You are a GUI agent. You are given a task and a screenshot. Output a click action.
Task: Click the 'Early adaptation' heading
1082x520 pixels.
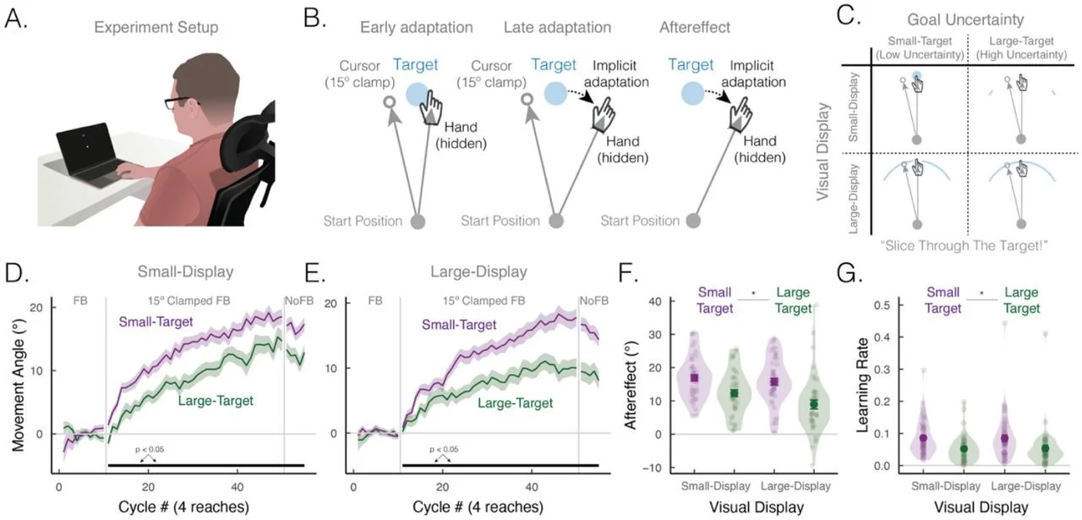click(x=416, y=27)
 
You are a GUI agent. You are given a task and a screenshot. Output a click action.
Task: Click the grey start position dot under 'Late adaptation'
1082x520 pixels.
click(x=555, y=222)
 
